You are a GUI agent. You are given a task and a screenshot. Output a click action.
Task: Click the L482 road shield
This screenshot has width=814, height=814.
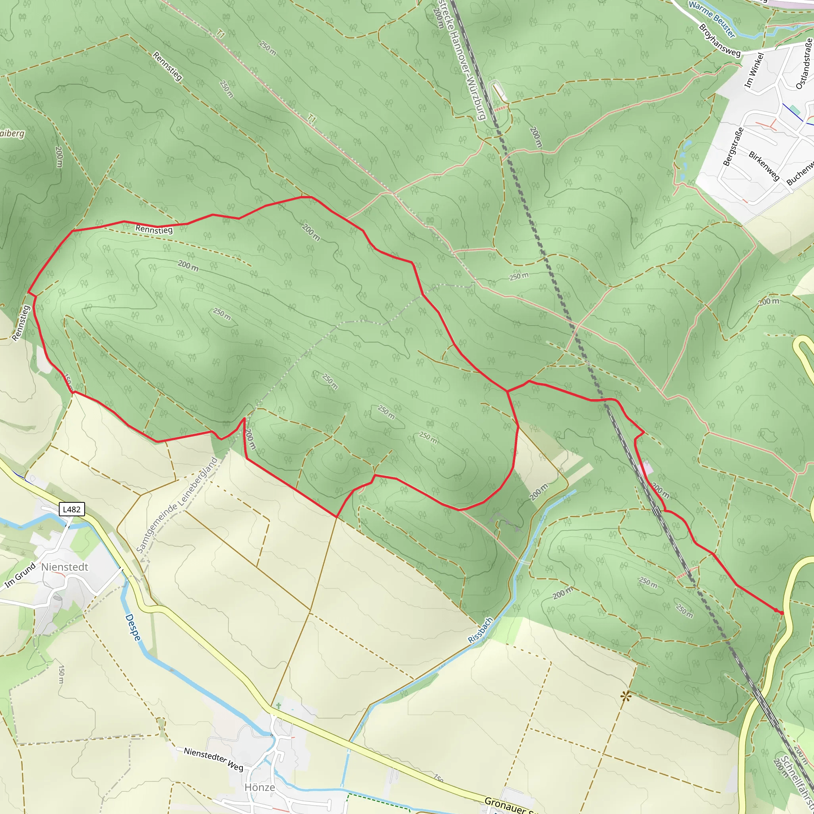(72, 510)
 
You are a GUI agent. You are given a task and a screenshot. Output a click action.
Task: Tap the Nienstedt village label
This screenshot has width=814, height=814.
(65, 567)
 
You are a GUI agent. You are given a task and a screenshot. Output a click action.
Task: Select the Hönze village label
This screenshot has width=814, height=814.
(260, 787)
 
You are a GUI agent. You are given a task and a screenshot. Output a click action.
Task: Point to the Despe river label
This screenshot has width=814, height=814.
(133, 628)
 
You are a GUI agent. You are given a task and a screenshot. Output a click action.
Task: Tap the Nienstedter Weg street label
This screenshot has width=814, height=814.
(213, 759)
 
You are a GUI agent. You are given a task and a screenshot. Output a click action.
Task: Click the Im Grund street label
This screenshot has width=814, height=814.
(20, 576)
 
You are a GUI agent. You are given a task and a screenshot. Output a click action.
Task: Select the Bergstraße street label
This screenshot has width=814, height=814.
(733, 147)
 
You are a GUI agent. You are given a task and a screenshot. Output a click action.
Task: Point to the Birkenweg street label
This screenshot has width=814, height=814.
(764, 166)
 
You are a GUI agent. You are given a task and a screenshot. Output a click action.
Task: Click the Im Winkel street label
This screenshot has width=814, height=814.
(754, 70)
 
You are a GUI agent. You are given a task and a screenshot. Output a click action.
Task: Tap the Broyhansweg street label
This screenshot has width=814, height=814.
(720, 41)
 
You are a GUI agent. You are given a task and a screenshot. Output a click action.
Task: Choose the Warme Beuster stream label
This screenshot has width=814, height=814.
(711, 19)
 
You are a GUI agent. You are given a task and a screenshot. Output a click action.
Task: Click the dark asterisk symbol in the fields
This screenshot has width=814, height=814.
(626, 697)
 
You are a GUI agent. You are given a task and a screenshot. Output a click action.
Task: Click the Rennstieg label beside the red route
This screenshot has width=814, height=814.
(154, 230)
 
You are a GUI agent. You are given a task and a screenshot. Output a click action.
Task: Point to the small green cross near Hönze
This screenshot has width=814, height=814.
(278, 705)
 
